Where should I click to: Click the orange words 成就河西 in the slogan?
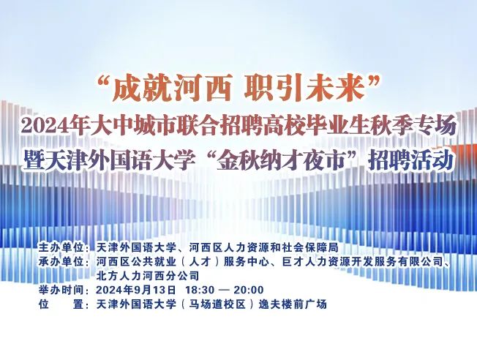tap(172, 89)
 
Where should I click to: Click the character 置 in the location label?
tap(78, 304)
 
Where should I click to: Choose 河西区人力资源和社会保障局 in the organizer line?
tap(264, 247)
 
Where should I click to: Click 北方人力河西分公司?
tap(148, 276)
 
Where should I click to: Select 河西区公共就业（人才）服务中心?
tap(183, 261)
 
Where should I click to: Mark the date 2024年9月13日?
tap(136, 290)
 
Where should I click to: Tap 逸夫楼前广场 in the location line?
tap(293, 304)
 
